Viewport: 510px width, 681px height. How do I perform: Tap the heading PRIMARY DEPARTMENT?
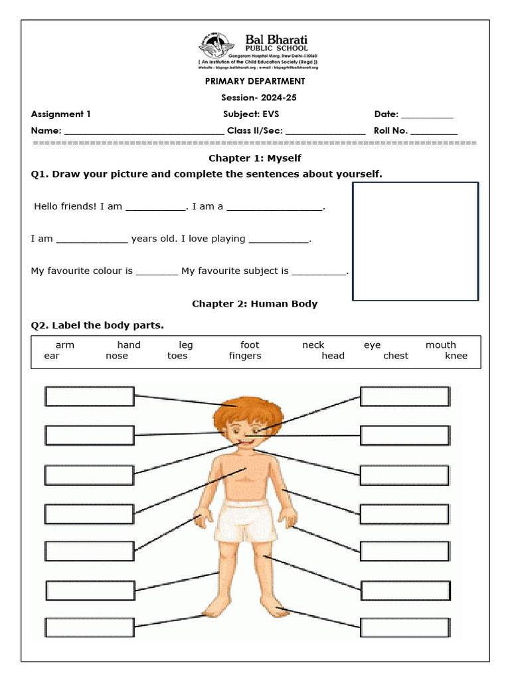pyautogui.click(x=254, y=81)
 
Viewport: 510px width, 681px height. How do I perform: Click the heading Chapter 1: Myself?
pyautogui.click(x=254, y=158)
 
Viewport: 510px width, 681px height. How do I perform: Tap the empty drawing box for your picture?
pyautogui.click(x=415, y=241)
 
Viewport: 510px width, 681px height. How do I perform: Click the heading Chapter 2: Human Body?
pyautogui.click(x=254, y=304)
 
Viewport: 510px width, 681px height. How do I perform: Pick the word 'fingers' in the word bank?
pyautogui.click(x=245, y=356)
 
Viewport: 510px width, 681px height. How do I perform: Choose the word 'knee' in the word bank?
pyautogui.click(x=456, y=356)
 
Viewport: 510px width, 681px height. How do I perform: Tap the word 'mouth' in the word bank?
pyautogui.click(x=441, y=345)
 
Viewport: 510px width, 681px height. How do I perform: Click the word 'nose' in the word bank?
pyautogui.click(x=117, y=356)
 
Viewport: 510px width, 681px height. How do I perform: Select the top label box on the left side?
pyautogui.click(x=90, y=396)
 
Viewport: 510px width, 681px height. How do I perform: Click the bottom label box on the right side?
pyautogui.click(x=405, y=627)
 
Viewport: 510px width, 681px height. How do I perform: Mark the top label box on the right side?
pyautogui.click(x=405, y=396)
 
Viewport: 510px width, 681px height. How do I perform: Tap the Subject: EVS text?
pyautogui.click(x=251, y=114)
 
